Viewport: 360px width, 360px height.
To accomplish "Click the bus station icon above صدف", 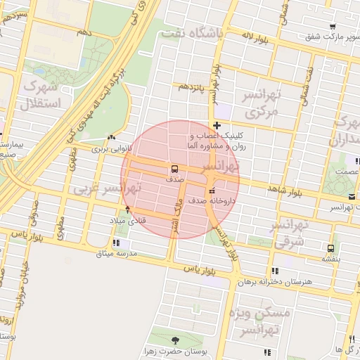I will [x=173, y=169].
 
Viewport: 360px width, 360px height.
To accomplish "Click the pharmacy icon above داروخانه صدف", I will [x=212, y=191].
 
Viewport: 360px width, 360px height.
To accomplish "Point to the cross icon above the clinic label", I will [x=217, y=125].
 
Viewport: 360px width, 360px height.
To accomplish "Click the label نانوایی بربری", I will [x=112, y=148].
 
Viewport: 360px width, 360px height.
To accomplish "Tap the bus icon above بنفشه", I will [x=330, y=248].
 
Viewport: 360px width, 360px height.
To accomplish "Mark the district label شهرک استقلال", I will [x=43, y=96].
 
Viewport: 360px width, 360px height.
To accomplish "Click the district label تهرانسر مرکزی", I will [x=260, y=103].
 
